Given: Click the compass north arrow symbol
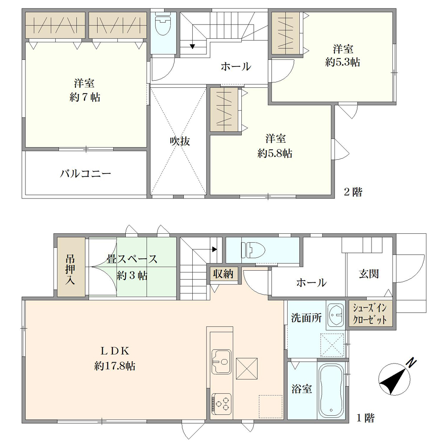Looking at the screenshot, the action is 394,379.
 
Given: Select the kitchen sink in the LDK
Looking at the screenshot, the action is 221,362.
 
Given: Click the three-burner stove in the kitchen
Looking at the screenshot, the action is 221,404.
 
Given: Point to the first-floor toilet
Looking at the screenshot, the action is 253,250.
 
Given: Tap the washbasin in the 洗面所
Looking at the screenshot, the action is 336,314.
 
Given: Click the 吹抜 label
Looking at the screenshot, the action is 180,141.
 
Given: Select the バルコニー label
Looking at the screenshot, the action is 85,173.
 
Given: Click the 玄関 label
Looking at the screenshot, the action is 369,274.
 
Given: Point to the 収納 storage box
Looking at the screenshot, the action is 223,274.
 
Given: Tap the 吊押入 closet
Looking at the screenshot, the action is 71,267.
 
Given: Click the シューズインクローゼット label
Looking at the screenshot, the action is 370,314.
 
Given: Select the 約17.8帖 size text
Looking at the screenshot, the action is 115,366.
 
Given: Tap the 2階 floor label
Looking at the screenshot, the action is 353,192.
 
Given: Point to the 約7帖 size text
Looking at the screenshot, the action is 85,97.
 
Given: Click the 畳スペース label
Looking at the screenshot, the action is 132,259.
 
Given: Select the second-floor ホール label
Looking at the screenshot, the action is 236,66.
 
